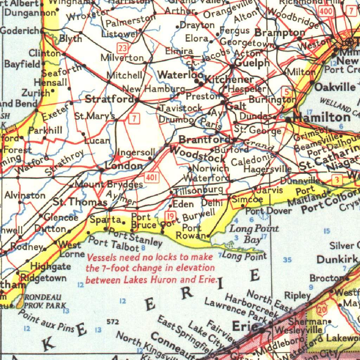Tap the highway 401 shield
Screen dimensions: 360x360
tap(151, 178)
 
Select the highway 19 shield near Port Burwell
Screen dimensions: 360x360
tap(171, 216)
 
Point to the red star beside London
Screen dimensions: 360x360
tap(115, 157)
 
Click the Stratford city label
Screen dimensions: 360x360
tap(109, 99)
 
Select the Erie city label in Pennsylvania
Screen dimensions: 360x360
tap(245, 327)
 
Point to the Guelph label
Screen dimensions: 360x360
tap(252, 63)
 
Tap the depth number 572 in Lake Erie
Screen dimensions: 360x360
tap(113, 322)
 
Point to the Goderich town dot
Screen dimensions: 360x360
tap(42, 31)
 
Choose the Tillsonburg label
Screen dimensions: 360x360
tap(199, 190)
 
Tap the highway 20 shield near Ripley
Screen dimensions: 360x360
tap(321, 310)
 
